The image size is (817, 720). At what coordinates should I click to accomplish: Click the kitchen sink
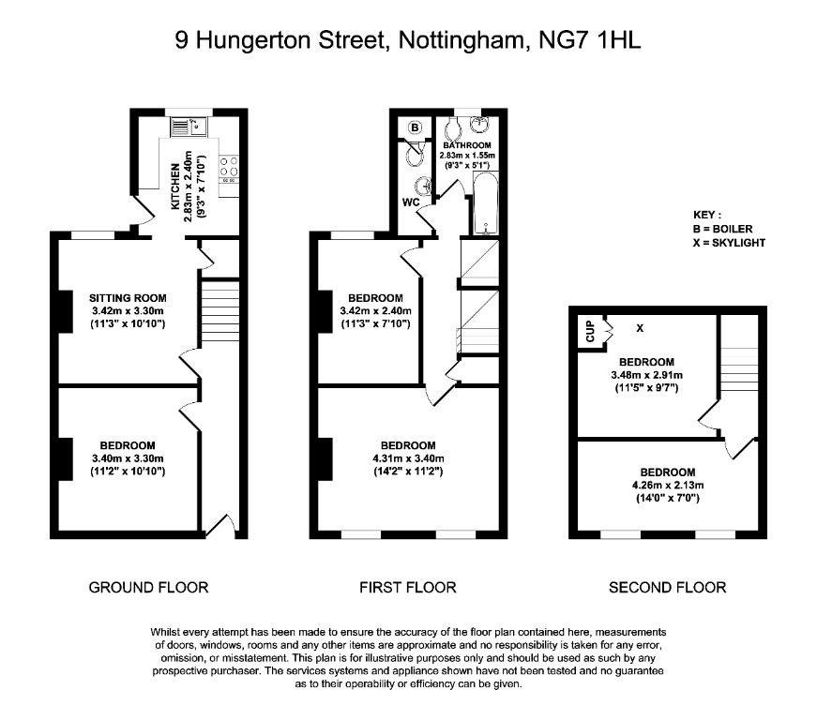[x=182, y=123]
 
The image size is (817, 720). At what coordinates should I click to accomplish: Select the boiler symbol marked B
[x=415, y=127]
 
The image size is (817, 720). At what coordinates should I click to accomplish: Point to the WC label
[x=411, y=202]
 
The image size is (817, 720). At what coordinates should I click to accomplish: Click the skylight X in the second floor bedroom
[x=641, y=328]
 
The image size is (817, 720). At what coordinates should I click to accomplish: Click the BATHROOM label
[x=468, y=145]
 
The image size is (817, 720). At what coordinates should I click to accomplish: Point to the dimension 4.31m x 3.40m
[x=407, y=458]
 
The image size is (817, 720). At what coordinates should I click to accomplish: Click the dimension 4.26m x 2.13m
[x=667, y=485]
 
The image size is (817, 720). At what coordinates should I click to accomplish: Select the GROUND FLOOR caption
[x=148, y=588]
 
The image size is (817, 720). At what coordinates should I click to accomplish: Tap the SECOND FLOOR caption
[x=667, y=588]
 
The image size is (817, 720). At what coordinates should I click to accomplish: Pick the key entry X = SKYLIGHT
[x=729, y=243]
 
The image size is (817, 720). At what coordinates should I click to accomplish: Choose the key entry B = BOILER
[x=722, y=229]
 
